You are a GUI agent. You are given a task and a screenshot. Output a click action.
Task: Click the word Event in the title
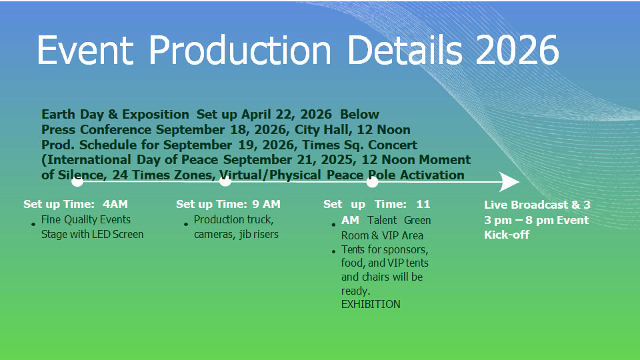(85, 50)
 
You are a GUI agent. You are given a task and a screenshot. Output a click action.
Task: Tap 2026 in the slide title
(517, 50)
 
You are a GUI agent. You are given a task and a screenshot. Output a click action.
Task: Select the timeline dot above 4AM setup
(77, 181)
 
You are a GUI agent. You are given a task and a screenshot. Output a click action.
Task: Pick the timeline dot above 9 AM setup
(225, 181)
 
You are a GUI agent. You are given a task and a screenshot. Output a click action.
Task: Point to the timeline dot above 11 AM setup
(372, 181)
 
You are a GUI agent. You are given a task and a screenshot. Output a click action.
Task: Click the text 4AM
(115, 204)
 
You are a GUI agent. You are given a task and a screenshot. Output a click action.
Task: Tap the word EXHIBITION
(371, 304)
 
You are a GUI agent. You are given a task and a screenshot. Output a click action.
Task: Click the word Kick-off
(507, 235)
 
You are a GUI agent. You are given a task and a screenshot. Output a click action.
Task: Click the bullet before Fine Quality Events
(33, 224)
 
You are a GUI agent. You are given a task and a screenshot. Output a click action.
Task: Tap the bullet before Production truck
(186, 224)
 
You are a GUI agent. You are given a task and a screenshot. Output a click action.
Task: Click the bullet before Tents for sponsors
(333, 251)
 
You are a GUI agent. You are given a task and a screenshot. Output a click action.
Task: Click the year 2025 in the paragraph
(335, 159)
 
